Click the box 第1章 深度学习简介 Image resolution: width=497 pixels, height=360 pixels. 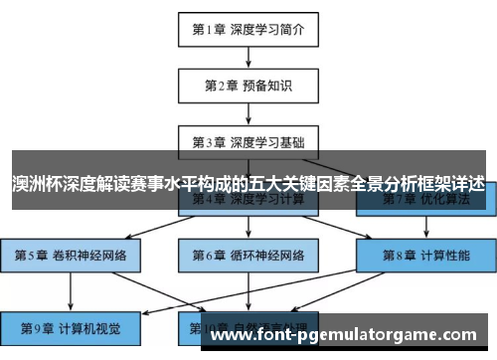click(248, 29)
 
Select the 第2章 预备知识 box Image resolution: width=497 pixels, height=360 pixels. click(248, 86)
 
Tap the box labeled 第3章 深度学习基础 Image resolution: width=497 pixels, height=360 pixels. click(248, 142)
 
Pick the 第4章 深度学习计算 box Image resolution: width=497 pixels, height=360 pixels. click(248, 200)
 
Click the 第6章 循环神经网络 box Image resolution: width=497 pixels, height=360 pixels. click(248, 256)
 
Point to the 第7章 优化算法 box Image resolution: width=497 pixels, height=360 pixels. click(425, 200)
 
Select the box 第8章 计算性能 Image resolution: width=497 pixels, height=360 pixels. click(425, 256)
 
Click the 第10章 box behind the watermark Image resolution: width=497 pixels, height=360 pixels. click(248, 325)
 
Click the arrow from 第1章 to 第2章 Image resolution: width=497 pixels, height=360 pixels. click(248, 57)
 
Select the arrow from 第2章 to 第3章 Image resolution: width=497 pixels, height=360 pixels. click(248, 113)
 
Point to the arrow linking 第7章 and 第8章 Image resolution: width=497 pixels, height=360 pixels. click(425, 228)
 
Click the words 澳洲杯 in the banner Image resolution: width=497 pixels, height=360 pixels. click(33, 185)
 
